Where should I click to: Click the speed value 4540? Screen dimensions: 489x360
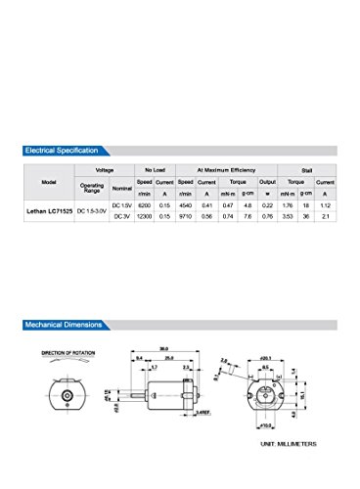tap(184, 206)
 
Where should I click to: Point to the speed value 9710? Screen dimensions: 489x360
tap(184, 217)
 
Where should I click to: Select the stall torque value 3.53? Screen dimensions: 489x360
tap(287, 217)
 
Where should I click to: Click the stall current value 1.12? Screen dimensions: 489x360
tap(327, 206)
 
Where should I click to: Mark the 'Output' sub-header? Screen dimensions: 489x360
tap(267, 182)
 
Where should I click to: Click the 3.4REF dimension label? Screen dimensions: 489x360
tap(202, 416)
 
